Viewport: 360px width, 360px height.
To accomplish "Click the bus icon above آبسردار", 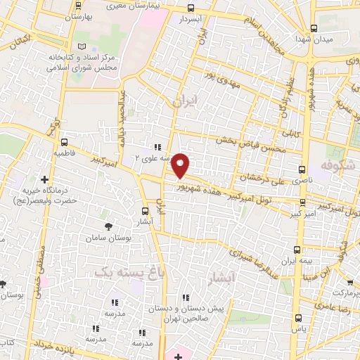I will [x=191, y=9].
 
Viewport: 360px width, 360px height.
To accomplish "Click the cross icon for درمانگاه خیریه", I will [x=46, y=180].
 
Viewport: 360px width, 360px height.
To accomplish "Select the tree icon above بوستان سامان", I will [x=108, y=226].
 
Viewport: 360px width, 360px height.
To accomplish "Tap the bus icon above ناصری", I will [x=302, y=170].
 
